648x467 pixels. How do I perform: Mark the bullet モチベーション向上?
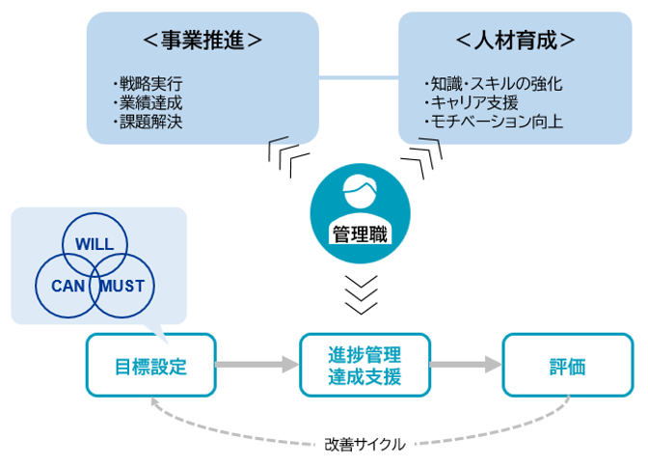pos(493,123)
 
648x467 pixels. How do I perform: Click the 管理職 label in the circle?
pos(361,234)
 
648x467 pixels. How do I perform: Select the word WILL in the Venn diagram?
pos(94,244)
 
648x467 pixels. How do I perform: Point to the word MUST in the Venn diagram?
pos(121,286)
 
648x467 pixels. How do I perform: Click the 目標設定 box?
pos(149,365)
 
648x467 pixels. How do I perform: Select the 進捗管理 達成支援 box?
pos(364,365)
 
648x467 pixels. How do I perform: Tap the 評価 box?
pos(568,365)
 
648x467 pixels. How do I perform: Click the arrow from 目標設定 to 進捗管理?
pos(256,365)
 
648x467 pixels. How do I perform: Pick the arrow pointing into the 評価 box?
pos(468,365)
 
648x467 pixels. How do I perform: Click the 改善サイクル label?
pos(364,445)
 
